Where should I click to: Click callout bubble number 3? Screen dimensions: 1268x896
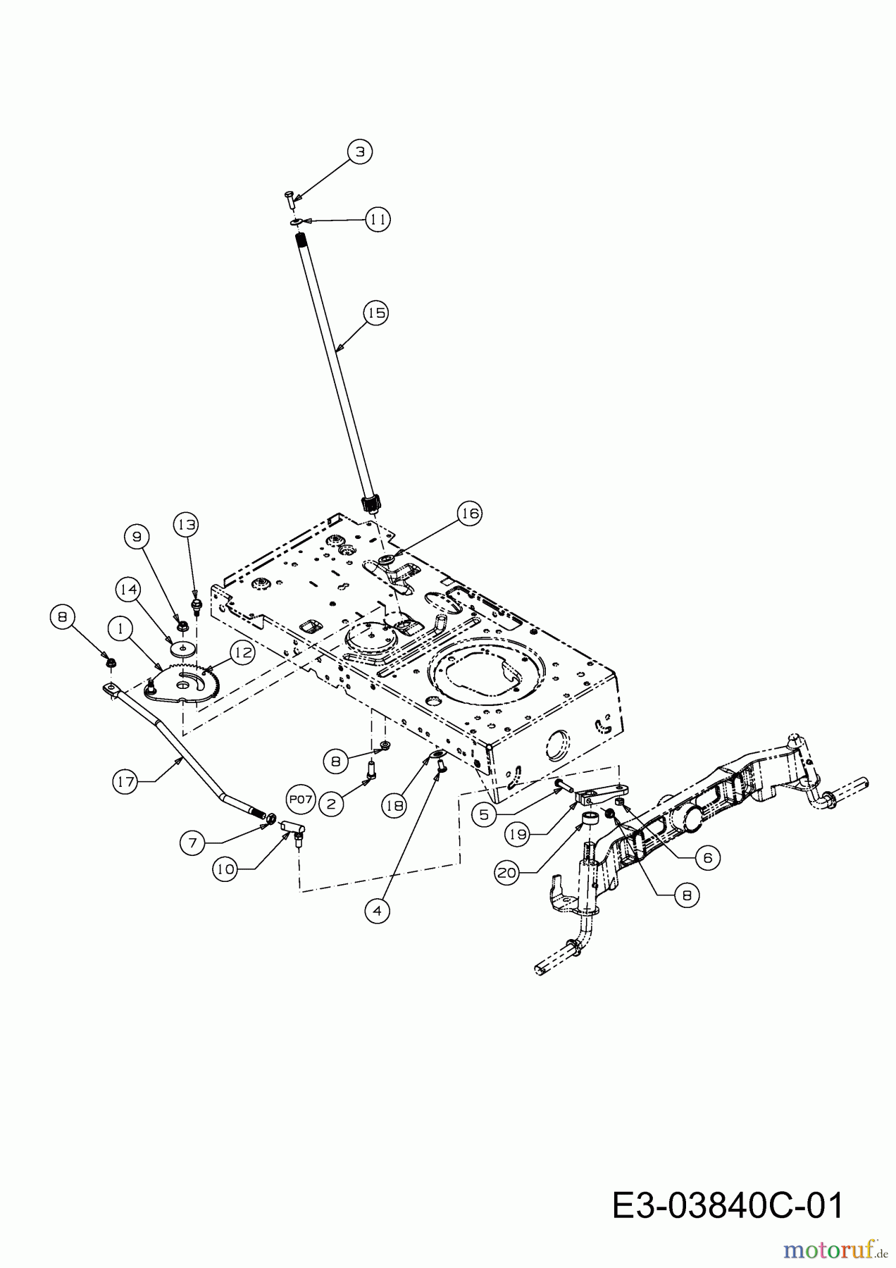pyautogui.click(x=359, y=151)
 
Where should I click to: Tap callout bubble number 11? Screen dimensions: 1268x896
pyautogui.click(x=378, y=220)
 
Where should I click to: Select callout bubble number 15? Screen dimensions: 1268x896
pyautogui.click(x=377, y=313)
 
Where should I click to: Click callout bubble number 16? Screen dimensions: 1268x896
pyautogui.click(x=469, y=514)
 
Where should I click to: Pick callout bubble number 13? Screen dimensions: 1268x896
pyautogui.click(x=187, y=525)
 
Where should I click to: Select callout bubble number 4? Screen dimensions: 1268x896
pyautogui.click(x=377, y=911)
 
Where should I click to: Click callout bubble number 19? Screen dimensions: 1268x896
pyautogui.click(x=518, y=835)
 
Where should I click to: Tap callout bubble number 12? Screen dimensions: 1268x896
pyautogui.click(x=242, y=653)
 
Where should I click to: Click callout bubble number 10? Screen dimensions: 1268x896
pyautogui.click(x=225, y=869)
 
